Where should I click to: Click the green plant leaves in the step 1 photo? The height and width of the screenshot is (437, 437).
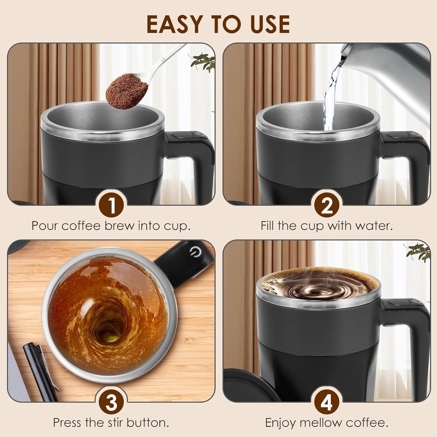coord(203,61)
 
